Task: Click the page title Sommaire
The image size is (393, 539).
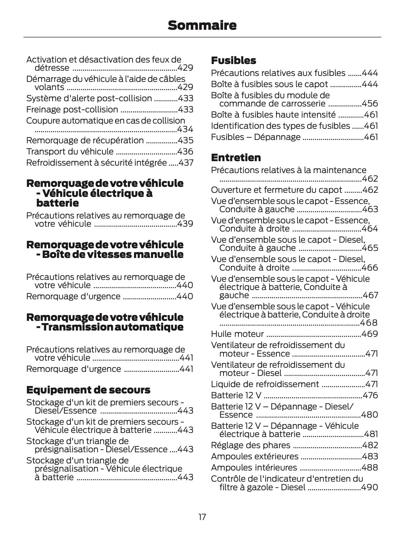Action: click(x=202, y=25)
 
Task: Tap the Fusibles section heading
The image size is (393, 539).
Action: click(x=234, y=60)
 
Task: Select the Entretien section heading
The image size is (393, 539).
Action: click(x=236, y=157)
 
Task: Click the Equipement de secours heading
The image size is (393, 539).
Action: click(x=88, y=390)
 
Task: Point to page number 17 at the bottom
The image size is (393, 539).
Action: click(x=202, y=517)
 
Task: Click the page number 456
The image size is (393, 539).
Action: click(x=370, y=103)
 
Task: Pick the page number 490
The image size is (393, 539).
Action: click(x=370, y=487)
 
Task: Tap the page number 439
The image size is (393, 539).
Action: click(x=185, y=224)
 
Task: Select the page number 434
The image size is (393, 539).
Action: click(x=185, y=129)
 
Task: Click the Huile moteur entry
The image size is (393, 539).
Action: click(x=237, y=334)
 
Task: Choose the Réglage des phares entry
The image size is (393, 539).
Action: click(x=250, y=445)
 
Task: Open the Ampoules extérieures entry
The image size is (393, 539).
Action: click(x=254, y=456)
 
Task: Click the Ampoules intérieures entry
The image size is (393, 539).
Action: click(x=254, y=468)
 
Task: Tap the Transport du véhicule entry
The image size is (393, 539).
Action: click(x=70, y=152)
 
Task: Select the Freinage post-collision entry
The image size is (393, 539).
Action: click(x=72, y=109)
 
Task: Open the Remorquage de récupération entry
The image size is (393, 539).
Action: click(x=85, y=140)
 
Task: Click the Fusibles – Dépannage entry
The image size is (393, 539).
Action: click(x=256, y=137)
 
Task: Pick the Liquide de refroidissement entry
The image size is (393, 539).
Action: click(x=265, y=384)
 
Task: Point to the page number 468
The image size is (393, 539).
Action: click(x=370, y=323)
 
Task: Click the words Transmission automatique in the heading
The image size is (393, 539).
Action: click(x=112, y=327)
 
